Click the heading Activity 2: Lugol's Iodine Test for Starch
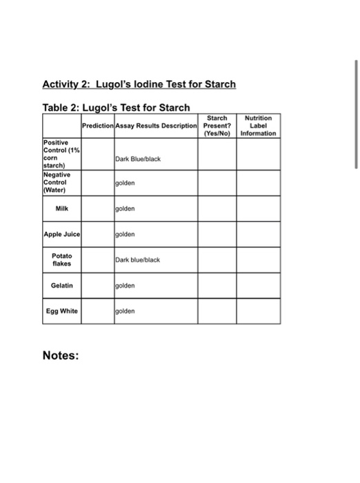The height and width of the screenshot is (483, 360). pyautogui.click(x=139, y=84)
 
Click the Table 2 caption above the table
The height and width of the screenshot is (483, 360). pyautogui.click(x=116, y=108)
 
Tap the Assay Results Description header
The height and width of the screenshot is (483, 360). pyautogui.click(x=157, y=126)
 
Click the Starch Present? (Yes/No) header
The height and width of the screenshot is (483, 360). pyautogui.click(x=217, y=126)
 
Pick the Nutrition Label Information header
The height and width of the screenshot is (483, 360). pyautogui.click(x=258, y=126)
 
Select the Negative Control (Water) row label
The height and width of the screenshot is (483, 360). pyautogui.click(x=60, y=184)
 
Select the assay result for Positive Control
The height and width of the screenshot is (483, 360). pyautogui.click(x=138, y=159)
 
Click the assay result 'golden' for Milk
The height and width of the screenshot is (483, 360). pyautogui.click(x=126, y=208)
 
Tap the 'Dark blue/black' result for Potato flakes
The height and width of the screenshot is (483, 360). pyautogui.click(x=138, y=260)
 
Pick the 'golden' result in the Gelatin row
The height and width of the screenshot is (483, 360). pyautogui.click(x=126, y=285)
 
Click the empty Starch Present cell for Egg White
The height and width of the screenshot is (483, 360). pyautogui.click(x=217, y=310)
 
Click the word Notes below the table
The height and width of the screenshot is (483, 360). pyautogui.click(x=61, y=356)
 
